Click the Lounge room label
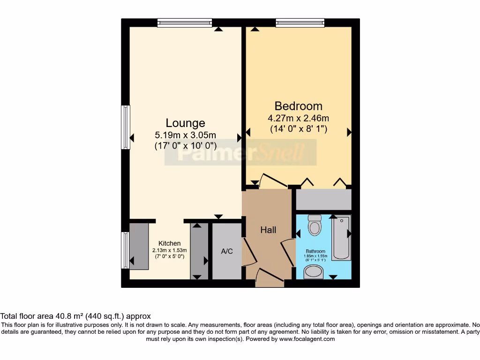pos(186,123)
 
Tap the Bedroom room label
pos(299,106)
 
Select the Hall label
pos(268,230)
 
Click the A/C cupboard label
pos(227,251)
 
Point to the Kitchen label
pos(170,243)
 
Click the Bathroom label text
pos(315,251)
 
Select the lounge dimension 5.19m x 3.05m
pos(186,135)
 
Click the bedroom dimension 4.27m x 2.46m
pos(299,118)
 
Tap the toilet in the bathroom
pos(315,226)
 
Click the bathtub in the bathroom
pos(341,238)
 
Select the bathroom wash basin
pos(314,272)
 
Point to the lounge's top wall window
pos(184,22)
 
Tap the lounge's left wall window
pos(126,127)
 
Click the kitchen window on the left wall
pos(125,250)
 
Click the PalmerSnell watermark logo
pos(240,152)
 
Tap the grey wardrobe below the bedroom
pos(323,200)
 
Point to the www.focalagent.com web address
pos(307,339)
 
